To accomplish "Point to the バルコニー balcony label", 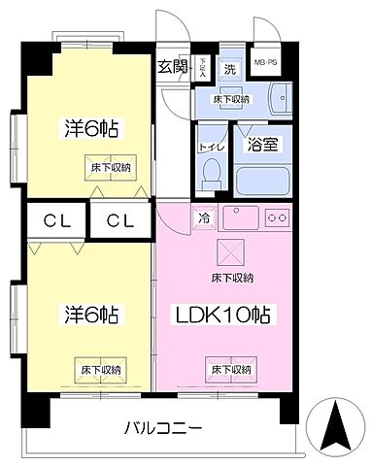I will coord(162,427).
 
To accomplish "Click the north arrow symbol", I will coord(335,427).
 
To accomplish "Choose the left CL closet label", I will coord(55,221).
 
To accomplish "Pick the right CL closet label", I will coord(119,221).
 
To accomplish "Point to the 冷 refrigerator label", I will coord(204,219).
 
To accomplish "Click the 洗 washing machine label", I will coord(231,70).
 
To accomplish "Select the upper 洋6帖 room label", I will coord(85,129).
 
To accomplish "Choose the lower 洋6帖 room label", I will coord(85,316).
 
